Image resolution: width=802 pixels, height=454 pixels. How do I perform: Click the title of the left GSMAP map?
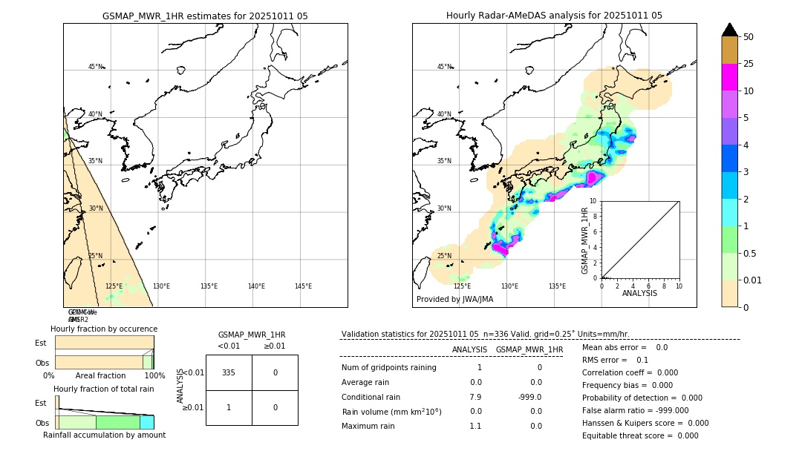205,16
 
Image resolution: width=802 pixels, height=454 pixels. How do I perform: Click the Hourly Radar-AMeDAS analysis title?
554,16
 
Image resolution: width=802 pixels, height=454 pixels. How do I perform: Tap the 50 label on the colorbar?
749,37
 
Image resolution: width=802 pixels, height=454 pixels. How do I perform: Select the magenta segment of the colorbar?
729,77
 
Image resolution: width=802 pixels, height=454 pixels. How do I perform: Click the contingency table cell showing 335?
229,372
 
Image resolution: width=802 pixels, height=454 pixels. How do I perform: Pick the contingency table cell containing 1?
229,407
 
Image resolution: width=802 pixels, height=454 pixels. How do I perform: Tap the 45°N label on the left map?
96,67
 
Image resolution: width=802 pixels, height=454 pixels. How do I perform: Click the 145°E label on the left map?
303,286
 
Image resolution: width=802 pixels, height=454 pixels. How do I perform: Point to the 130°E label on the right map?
509,286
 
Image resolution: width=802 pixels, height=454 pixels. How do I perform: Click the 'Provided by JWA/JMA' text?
454,300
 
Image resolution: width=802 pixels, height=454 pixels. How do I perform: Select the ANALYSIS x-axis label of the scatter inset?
639,293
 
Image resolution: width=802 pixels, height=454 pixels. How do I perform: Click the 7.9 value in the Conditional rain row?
475,397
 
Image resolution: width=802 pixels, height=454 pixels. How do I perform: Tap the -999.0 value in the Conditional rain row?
530,397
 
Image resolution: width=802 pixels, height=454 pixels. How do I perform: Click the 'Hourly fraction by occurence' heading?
104,329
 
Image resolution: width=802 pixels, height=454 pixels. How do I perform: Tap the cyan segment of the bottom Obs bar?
146,422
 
